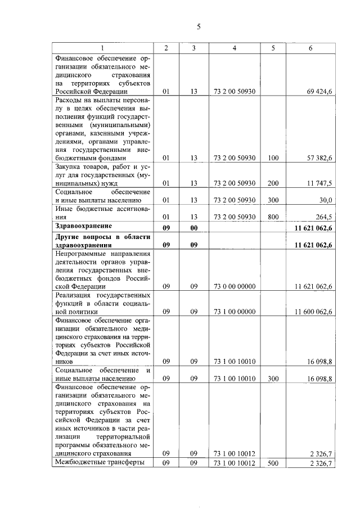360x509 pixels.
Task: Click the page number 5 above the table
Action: (198, 26)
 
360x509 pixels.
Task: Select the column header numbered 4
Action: (234, 48)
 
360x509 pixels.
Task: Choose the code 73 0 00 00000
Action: (235, 286)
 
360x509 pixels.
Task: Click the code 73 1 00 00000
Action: (235, 311)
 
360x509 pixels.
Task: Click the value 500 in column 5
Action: (273, 463)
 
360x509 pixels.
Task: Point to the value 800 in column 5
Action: (273, 217)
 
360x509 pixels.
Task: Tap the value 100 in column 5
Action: (273, 158)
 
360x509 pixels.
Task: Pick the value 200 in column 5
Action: (273, 183)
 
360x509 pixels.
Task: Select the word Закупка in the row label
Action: (69, 167)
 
